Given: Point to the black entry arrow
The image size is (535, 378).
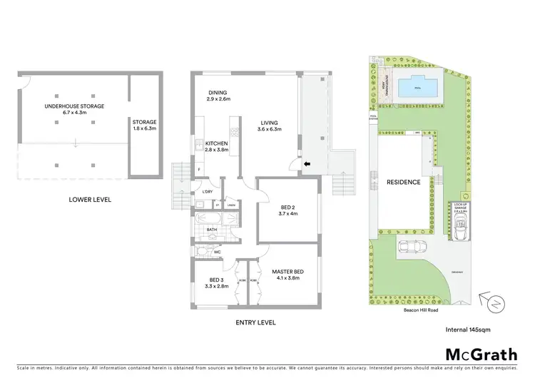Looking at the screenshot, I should (x=307, y=165).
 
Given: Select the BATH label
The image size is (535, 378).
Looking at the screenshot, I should (x=212, y=229).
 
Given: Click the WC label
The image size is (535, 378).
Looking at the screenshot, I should (x=217, y=251).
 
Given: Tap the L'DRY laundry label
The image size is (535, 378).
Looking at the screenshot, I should (x=208, y=193).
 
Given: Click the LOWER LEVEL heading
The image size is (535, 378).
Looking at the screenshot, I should (x=90, y=199).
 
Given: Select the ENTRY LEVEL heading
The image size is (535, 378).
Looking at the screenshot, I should (x=256, y=322).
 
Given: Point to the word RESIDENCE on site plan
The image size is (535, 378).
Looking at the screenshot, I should (x=404, y=183).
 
